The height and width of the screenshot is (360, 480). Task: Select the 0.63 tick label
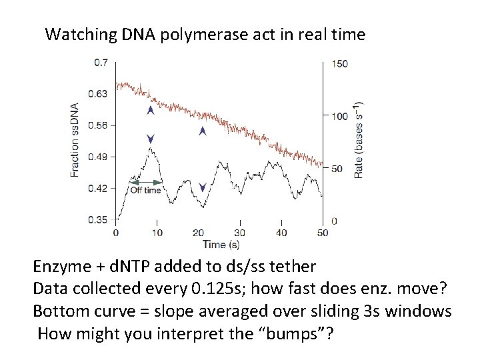click(99, 94)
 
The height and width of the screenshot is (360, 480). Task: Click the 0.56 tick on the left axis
click(99, 125)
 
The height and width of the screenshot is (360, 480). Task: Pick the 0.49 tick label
click(99, 157)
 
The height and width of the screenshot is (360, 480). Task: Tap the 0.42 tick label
click(99, 188)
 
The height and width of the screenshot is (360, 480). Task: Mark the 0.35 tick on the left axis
click(99, 219)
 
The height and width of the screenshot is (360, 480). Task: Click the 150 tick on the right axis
click(339, 63)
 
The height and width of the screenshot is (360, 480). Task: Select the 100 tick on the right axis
click(339, 116)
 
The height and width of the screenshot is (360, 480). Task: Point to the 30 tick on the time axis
click(240, 233)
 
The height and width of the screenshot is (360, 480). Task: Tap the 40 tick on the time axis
click(281, 233)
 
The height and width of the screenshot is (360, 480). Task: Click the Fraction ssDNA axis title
click(75, 139)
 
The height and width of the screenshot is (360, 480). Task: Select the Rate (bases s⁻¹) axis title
click(359, 139)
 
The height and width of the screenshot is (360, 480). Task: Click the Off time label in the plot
click(145, 190)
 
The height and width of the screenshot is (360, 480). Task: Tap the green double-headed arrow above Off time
click(145, 181)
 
